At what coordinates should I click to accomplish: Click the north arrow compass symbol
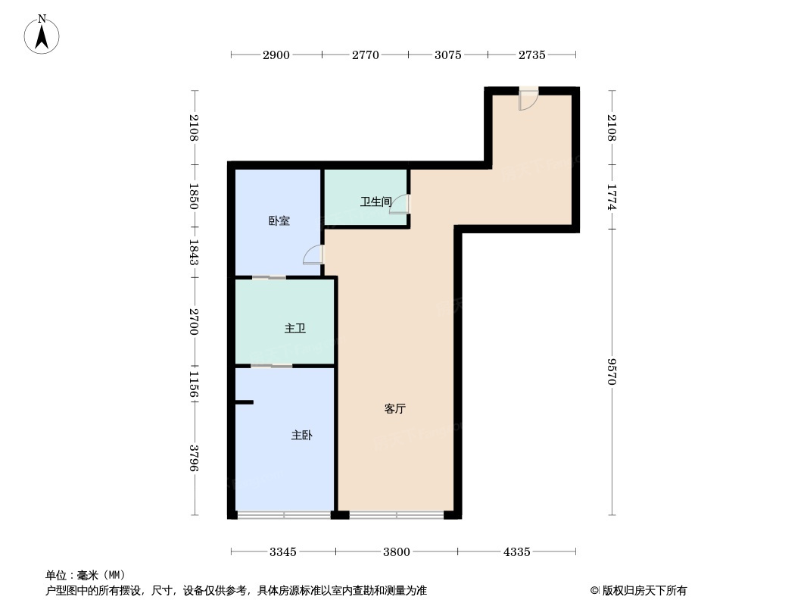click(x=42, y=34)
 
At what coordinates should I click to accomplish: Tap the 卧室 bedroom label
click(x=279, y=221)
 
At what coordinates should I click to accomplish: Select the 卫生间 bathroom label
click(x=375, y=201)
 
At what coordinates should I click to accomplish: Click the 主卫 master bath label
click(x=295, y=328)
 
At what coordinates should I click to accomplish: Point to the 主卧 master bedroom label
click(x=301, y=436)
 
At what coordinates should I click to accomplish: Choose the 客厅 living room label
click(x=394, y=409)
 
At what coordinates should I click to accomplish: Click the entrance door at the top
click(x=528, y=99)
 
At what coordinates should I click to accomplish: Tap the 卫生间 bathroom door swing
click(x=400, y=205)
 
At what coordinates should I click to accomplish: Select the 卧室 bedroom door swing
click(x=313, y=255)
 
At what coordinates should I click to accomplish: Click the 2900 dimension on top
click(x=276, y=55)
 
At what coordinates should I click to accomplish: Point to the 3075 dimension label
click(x=447, y=55)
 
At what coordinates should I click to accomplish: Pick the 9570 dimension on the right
click(x=612, y=371)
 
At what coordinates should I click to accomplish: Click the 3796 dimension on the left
click(x=194, y=458)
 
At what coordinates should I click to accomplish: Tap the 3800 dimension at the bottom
click(x=396, y=552)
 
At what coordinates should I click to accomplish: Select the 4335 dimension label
click(x=516, y=552)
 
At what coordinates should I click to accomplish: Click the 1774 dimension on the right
click(x=612, y=197)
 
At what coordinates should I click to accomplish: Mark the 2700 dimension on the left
click(x=194, y=322)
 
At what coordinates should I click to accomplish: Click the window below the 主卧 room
click(x=284, y=514)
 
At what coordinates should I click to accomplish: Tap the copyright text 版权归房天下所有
click(x=645, y=591)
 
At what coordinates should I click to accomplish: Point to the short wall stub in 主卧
click(x=245, y=402)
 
